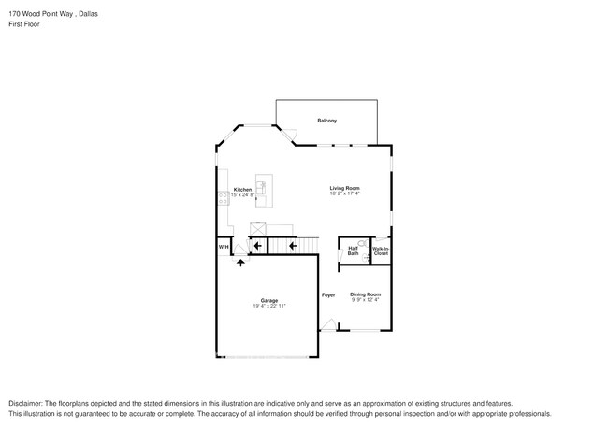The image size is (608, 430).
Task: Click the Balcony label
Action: coord(326,122)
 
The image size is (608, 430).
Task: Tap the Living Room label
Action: coord(344,188)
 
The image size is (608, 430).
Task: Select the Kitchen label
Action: coord(242,189)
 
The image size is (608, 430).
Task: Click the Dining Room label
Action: coord(366,294)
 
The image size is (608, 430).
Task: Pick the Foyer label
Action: coord(328,295)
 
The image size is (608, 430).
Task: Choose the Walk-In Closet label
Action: coord(381,251)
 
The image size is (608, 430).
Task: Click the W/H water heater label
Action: coord(224,246)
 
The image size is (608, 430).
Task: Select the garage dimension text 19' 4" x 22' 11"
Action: coord(268,306)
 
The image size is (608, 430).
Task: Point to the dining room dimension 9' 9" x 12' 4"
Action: coord(366,300)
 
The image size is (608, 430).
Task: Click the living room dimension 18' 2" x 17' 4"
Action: coord(344,193)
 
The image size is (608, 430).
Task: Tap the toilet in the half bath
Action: coord(361,243)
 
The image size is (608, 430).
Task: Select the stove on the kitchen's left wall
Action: coord(222,198)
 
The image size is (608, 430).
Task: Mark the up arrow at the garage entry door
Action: coord(241,263)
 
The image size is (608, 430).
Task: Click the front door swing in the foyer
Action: coord(327,324)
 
